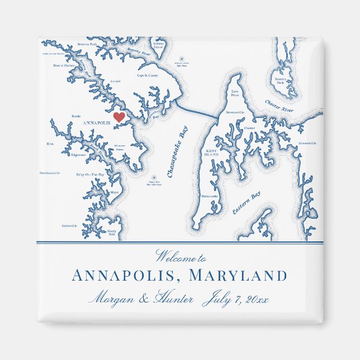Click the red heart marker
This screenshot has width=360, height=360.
click(119, 117)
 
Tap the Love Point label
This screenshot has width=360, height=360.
click(235, 93)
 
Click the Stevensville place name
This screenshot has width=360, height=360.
click(235, 112)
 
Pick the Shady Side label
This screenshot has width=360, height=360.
click(112, 232)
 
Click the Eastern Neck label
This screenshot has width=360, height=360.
click(281, 81)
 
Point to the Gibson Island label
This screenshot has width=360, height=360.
click(158, 45)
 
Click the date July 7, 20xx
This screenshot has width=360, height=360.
click(236, 299)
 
